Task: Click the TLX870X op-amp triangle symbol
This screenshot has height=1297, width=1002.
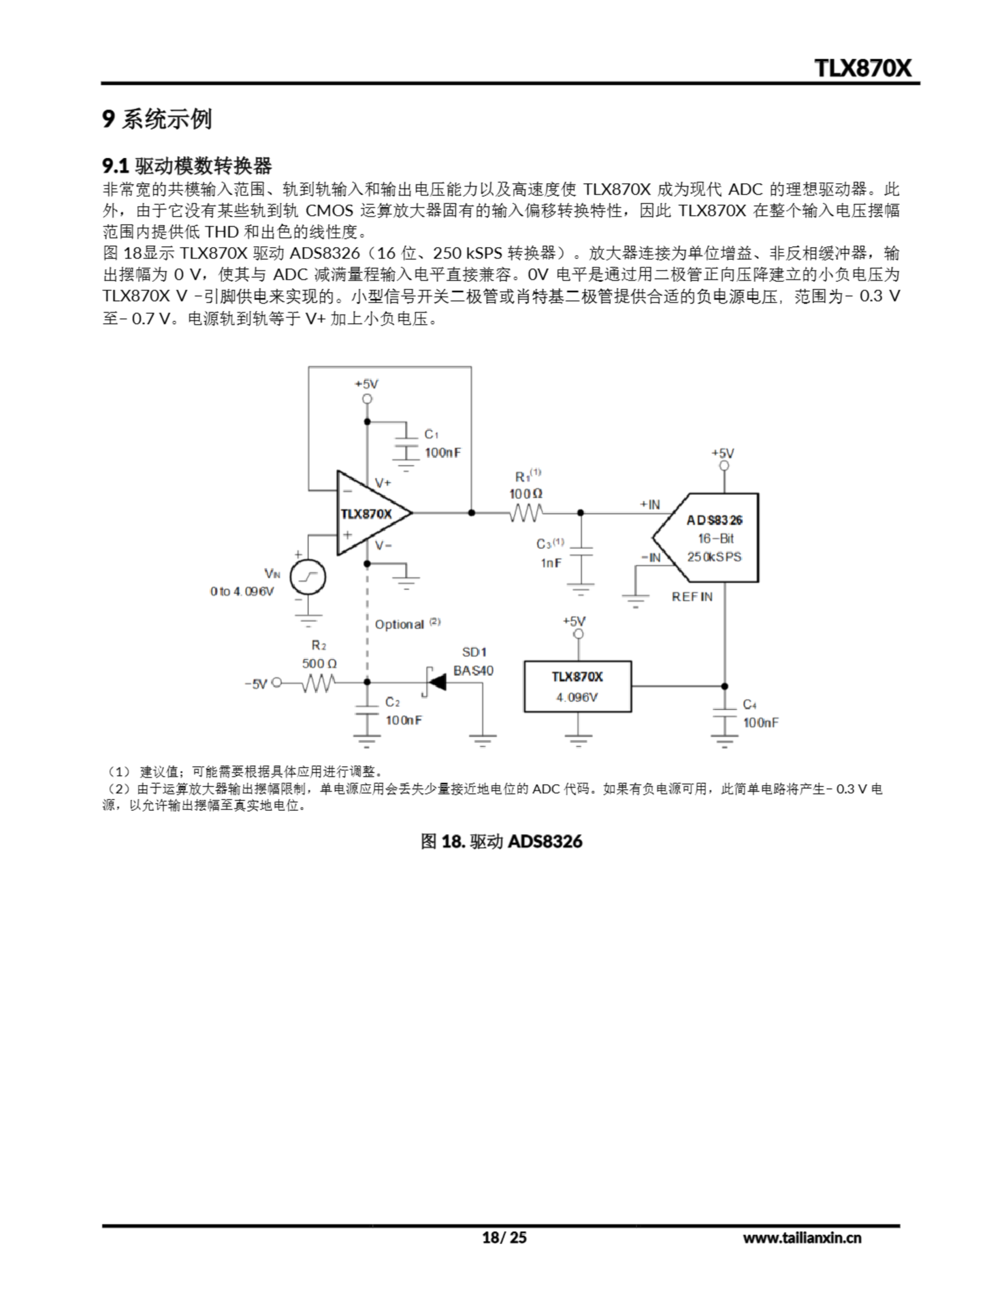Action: pos(368,513)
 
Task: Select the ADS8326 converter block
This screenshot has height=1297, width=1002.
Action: pos(713,538)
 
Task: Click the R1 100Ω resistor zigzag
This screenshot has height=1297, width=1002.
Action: pos(526,513)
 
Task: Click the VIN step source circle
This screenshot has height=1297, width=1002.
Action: pos(307,576)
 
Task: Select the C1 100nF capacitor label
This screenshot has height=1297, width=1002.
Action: pos(442,444)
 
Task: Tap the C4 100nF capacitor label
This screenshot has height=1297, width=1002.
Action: pos(760,714)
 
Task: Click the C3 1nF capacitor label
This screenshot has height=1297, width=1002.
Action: pos(550,553)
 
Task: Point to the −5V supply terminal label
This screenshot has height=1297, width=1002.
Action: pos(256,684)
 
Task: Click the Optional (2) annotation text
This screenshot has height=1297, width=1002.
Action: pos(407,624)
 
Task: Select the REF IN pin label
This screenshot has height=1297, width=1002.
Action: pos(692,597)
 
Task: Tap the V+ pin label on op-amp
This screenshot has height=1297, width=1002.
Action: pos(383,483)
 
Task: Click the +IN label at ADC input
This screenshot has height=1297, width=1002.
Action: pos(650,504)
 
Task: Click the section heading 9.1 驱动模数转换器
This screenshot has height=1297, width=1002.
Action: pos(187,165)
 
